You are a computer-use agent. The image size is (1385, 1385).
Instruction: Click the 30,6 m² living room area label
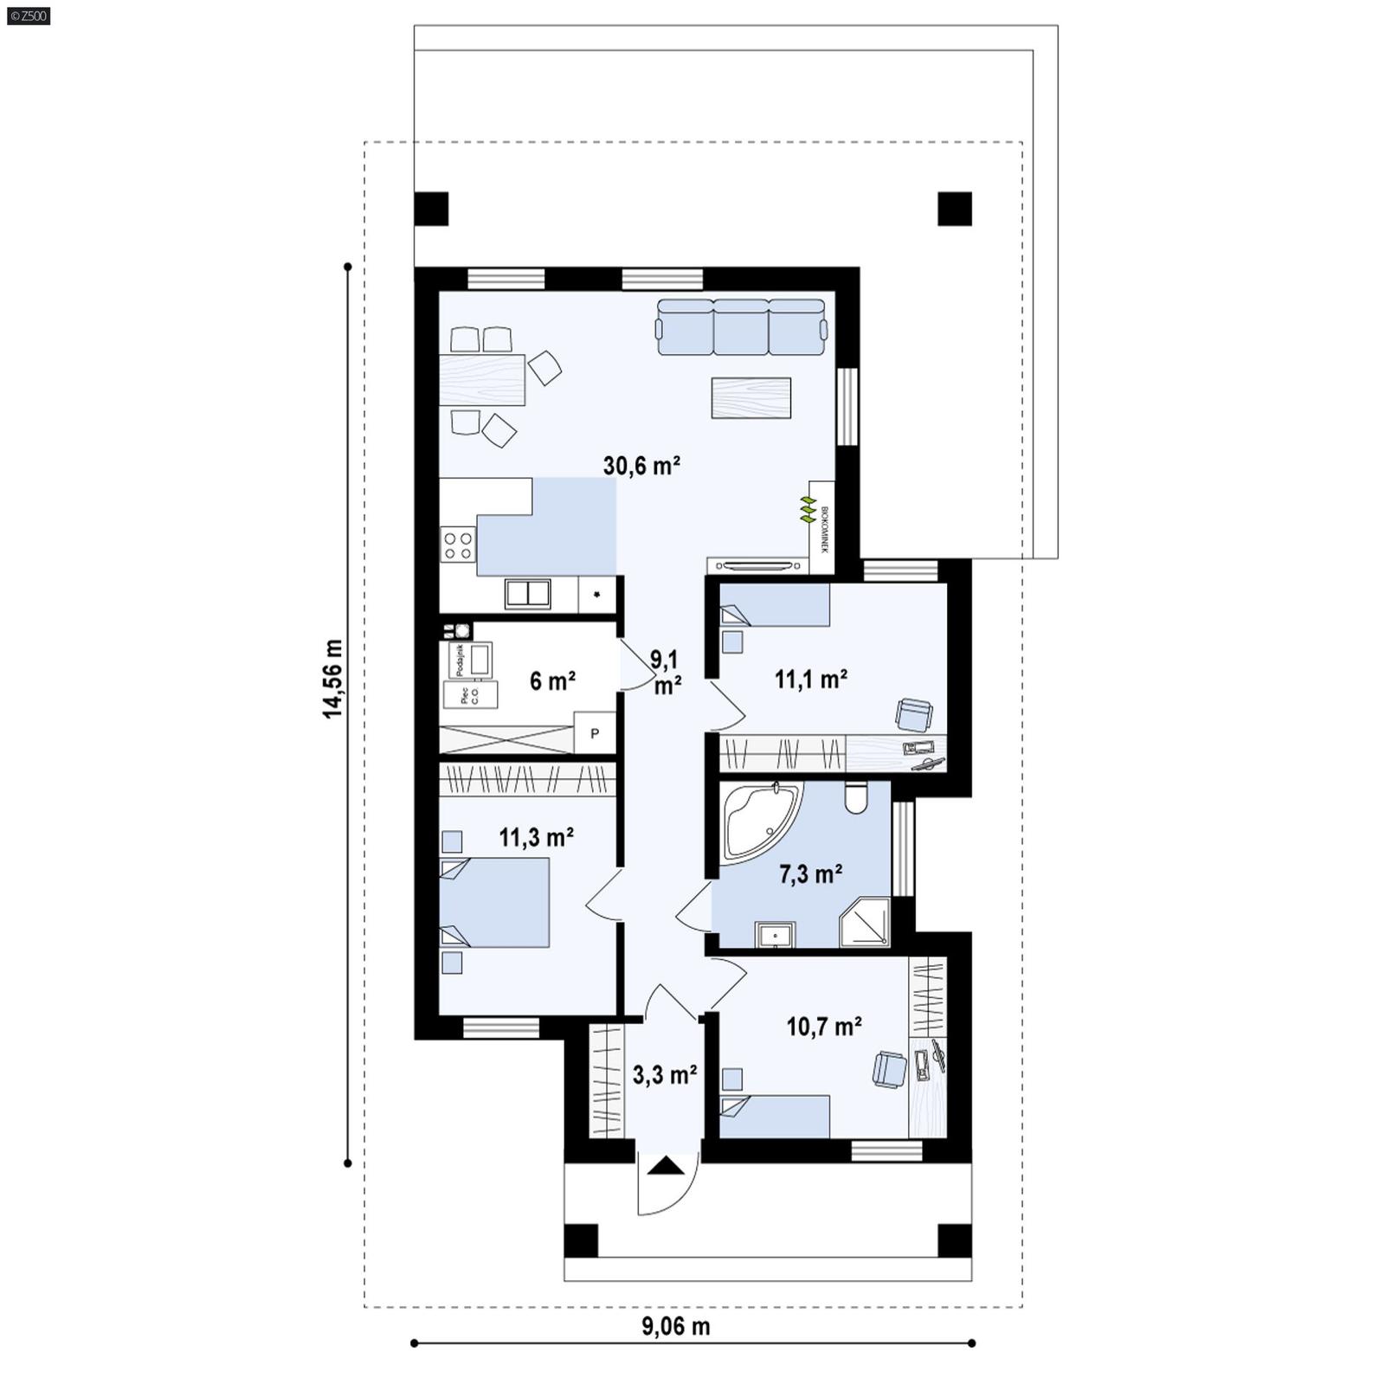pyautogui.click(x=641, y=466)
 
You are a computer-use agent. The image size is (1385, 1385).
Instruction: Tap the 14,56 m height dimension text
pyautogui.click(x=333, y=679)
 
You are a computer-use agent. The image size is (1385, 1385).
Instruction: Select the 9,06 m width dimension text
pyautogui.click(x=676, y=1326)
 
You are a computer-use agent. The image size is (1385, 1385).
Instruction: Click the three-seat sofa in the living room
pyautogui.click(x=741, y=327)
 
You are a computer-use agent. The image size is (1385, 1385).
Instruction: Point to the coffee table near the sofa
pyautogui.click(x=750, y=398)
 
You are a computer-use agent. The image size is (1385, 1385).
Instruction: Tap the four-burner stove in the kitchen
pyautogui.click(x=457, y=544)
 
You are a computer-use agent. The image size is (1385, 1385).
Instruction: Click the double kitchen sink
pyautogui.click(x=528, y=593)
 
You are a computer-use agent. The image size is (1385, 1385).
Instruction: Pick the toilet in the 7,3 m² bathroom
pyautogui.click(x=855, y=798)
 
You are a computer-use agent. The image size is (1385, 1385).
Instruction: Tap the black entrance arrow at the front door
pyautogui.click(x=665, y=1166)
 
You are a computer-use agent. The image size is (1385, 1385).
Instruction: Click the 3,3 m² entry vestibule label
pyautogui.click(x=665, y=1076)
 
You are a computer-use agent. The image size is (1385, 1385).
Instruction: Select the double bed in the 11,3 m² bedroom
pyautogui.click(x=495, y=902)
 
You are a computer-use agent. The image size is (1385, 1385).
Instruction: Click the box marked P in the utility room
pyautogui.click(x=595, y=734)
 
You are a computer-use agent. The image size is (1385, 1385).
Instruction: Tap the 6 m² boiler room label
pyautogui.click(x=552, y=681)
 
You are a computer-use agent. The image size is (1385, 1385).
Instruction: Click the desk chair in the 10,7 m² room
pyautogui.click(x=889, y=1068)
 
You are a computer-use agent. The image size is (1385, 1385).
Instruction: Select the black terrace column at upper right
pyautogui.click(x=954, y=209)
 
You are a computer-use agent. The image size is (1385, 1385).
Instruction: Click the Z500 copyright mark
pyautogui.click(x=28, y=15)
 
